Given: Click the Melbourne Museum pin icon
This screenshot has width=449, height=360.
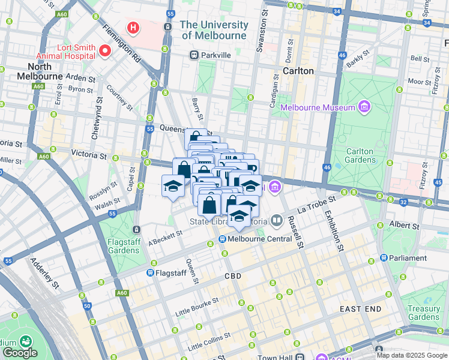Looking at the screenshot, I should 363,107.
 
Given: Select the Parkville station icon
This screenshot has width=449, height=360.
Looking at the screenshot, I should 194,55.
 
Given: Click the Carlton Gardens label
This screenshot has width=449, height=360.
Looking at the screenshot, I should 360,157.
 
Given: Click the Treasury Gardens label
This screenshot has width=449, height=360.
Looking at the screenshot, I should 423,313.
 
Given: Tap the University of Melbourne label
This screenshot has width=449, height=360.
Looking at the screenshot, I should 214,30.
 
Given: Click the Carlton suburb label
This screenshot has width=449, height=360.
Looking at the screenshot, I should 298,71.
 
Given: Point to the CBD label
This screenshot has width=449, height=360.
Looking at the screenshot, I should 232,277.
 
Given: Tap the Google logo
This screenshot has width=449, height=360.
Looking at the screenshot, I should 20,353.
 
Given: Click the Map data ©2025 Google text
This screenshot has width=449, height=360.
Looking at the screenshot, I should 412,355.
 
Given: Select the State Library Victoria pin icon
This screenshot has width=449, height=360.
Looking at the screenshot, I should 276,220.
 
